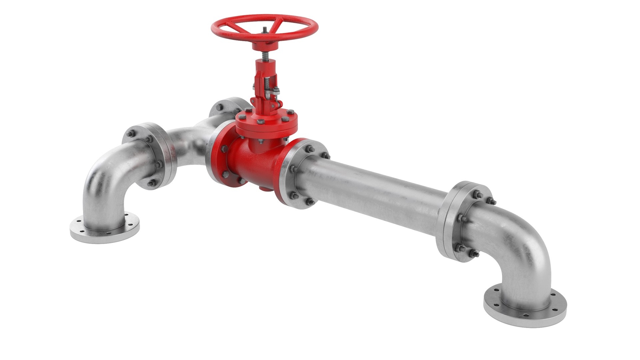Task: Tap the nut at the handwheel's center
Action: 264,30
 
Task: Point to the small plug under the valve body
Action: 263,189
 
